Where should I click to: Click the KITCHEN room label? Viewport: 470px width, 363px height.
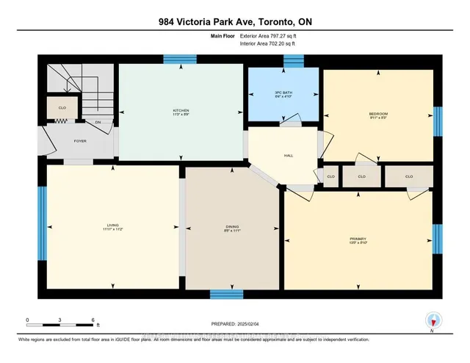click(x=181, y=111)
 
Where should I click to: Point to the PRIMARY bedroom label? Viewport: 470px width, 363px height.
click(x=358, y=239)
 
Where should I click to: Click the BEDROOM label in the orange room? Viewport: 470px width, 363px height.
click(x=378, y=114)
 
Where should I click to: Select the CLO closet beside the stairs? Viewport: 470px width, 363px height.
click(x=62, y=107)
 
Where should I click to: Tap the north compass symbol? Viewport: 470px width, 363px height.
click(x=433, y=320)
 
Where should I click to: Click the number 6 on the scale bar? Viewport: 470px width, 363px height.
click(x=93, y=320)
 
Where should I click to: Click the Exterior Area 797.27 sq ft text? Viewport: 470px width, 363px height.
click(x=267, y=35)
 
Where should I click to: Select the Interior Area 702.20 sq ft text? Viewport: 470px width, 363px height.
click(x=267, y=44)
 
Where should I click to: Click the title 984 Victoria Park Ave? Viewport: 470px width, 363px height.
click(x=234, y=20)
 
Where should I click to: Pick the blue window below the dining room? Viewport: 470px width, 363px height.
click(x=227, y=294)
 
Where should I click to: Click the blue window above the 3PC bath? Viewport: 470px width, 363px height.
click(x=294, y=63)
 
